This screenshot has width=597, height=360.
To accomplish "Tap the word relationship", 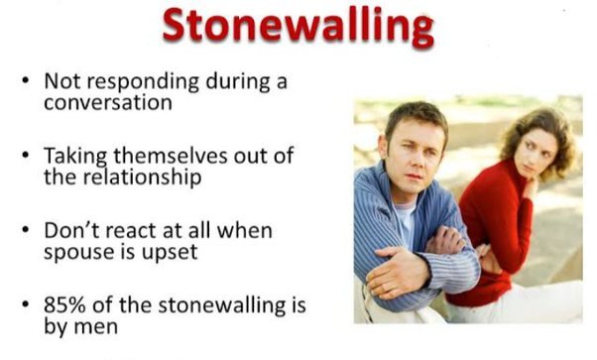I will point(145,180).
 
